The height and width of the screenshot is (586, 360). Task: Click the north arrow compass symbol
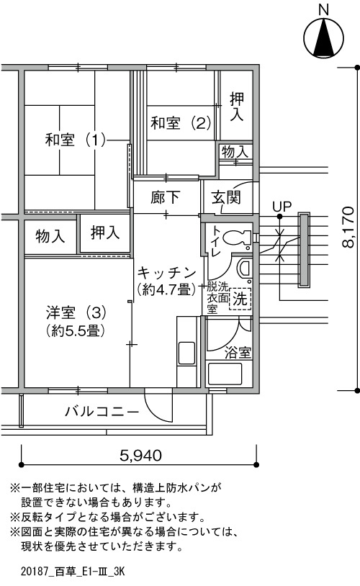coord(324,37)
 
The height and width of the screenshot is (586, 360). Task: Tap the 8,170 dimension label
coord(348,227)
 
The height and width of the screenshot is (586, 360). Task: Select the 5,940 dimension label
coord(141,455)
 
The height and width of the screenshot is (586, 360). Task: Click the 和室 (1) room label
coord(75,140)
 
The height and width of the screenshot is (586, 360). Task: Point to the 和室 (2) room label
coord(181,122)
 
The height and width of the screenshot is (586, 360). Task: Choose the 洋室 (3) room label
coord(76,312)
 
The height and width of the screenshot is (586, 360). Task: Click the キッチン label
coord(167,273)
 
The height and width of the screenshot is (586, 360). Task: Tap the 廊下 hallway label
coord(165,197)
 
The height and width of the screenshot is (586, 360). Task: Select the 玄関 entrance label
coord(226,197)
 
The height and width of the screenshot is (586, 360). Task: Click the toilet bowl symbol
coord(237,238)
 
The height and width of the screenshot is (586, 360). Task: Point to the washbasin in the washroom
coord(243,268)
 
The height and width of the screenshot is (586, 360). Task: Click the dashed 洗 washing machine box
coord(240,299)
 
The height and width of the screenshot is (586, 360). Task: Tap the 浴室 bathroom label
coord(238,353)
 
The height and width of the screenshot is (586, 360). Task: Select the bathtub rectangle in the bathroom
coord(225,374)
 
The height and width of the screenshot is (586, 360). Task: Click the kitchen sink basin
coord(186,353)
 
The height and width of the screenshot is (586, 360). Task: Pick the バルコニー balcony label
coord(102,412)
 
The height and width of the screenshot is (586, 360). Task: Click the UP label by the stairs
coord(282,207)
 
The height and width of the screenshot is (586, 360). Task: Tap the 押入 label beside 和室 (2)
coord(237,107)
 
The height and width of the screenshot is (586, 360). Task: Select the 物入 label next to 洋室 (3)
coord(50,236)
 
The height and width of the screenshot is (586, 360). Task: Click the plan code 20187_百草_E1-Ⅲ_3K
coord(73,572)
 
